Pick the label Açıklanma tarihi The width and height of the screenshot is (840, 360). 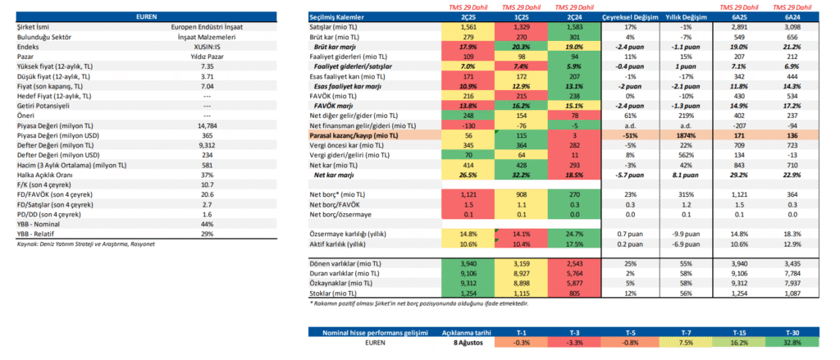coord(464,331)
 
